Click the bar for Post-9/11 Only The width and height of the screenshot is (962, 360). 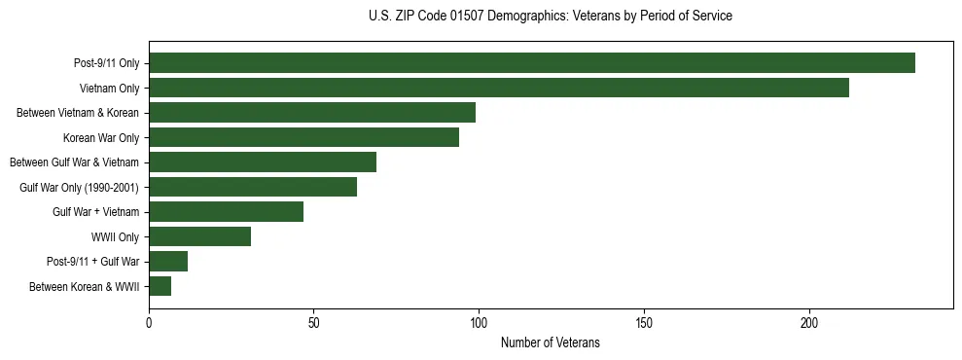[x=532, y=63]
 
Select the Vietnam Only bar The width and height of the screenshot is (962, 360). [x=499, y=89]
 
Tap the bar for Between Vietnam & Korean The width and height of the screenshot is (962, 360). [x=312, y=113]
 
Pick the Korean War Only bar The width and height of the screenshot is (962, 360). [x=303, y=138]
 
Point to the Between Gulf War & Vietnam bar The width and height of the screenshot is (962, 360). [x=263, y=162]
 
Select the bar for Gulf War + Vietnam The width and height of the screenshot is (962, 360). [x=227, y=212]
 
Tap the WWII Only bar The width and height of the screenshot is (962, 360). [x=200, y=236]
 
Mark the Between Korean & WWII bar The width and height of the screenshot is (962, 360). [x=160, y=286]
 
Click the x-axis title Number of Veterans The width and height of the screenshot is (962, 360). [x=551, y=343]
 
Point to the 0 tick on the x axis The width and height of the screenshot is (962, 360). [x=149, y=323]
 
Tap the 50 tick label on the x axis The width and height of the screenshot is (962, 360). [x=314, y=323]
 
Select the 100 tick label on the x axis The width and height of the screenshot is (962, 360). [x=479, y=323]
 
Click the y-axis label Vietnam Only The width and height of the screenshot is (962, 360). [x=109, y=89]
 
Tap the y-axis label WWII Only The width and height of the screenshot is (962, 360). [x=115, y=236]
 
